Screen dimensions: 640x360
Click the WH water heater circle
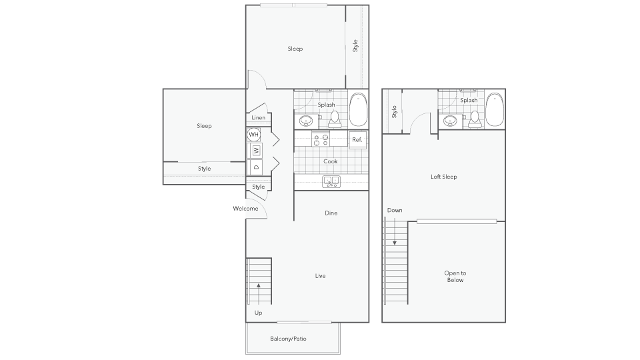pos(253,134)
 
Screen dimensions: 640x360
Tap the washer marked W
pos(256,151)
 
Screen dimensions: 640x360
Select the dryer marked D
pos(256,167)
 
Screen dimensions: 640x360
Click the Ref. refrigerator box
pos(357,139)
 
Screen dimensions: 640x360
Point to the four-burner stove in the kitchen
pos(321,139)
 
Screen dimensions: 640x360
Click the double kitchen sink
pos(331,181)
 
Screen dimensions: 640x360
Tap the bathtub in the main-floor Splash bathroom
pos(359,110)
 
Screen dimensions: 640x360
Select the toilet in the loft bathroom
pos(475,119)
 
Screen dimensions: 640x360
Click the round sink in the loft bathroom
pos(450,121)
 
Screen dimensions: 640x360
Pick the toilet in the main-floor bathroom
pos(335,119)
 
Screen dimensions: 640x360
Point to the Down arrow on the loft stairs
pos(395,231)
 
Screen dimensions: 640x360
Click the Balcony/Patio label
pos(288,339)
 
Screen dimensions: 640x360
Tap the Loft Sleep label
pos(444,177)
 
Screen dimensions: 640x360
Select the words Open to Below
pos(455,276)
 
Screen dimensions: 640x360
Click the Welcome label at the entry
pos(246,209)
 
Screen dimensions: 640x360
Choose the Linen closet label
pos(259,117)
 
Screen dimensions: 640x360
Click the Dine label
pos(331,213)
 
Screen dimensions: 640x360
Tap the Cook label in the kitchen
pos(331,161)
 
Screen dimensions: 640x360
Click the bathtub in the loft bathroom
pos(495,110)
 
